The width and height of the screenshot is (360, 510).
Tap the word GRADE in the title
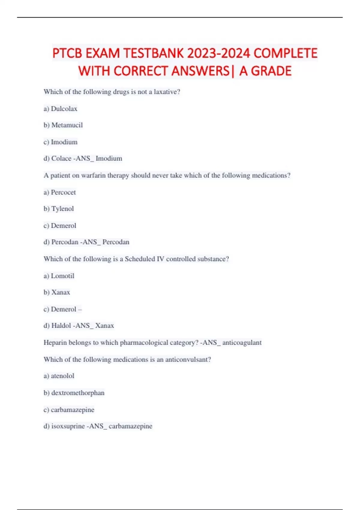[x=271, y=71]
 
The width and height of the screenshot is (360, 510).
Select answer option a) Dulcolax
[x=60, y=109]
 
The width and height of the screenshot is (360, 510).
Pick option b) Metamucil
[x=63, y=125]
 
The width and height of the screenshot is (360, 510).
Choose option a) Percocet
[x=60, y=192]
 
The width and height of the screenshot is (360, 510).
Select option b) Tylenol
[x=59, y=209]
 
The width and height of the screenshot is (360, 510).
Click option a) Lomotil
[x=59, y=276]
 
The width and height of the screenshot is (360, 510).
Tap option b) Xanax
[x=57, y=292]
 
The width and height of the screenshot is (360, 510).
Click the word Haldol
[x=61, y=326]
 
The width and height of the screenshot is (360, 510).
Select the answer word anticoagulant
[x=242, y=343]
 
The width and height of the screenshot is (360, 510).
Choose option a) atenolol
[x=59, y=376]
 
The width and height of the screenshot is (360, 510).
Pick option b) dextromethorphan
[x=74, y=393]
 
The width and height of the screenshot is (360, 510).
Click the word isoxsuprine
[x=68, y=426]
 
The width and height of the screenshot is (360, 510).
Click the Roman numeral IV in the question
[x=160, y=259]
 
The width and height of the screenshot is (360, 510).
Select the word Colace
[x=61, y=158]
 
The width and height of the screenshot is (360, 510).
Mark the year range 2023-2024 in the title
[x=218, y=53]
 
